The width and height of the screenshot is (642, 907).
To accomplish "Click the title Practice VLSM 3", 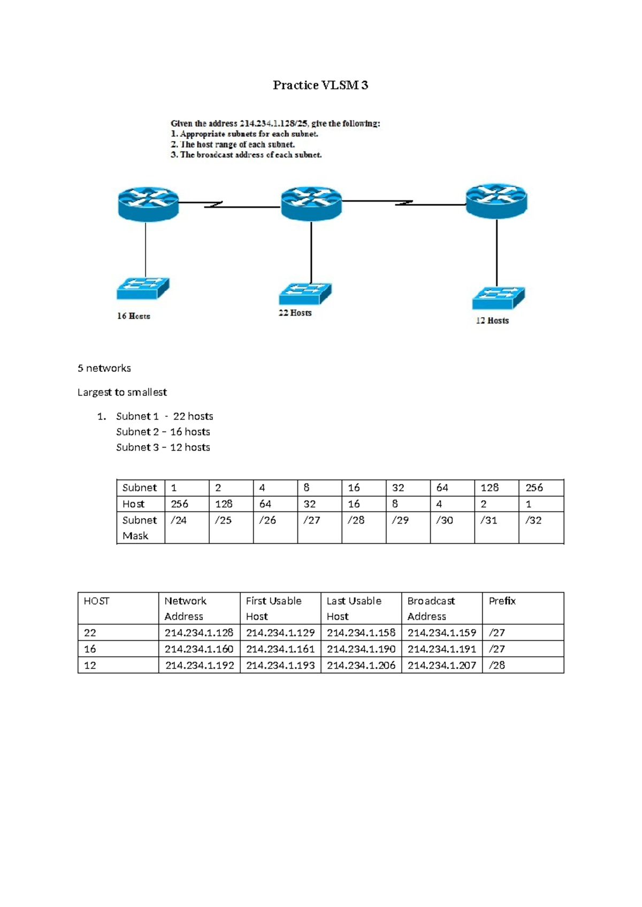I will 320,85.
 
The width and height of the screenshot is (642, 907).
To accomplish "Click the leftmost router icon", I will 148,204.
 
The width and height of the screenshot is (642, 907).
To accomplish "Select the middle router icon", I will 311,203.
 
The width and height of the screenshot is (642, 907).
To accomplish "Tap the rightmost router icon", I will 496,201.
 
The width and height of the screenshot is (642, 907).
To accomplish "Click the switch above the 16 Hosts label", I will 143,288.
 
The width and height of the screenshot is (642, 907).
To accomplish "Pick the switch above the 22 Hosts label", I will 305,294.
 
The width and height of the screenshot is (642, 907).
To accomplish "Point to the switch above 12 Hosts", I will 498,298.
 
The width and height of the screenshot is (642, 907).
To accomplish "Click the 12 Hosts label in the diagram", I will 492,320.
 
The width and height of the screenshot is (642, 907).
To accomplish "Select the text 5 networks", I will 104,368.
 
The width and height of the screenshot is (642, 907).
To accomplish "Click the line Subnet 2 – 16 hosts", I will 163,432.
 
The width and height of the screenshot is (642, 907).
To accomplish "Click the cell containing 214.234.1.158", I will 361,633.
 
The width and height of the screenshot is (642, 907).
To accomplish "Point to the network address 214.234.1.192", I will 200,665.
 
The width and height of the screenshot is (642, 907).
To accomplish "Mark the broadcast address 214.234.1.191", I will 442,649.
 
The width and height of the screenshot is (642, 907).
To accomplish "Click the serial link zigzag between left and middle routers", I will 214,204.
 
